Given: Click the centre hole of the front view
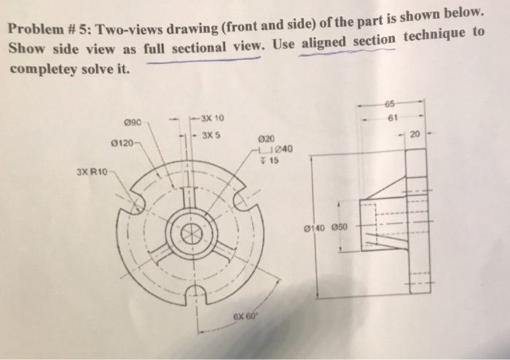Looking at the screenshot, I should [x=192, y=235].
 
